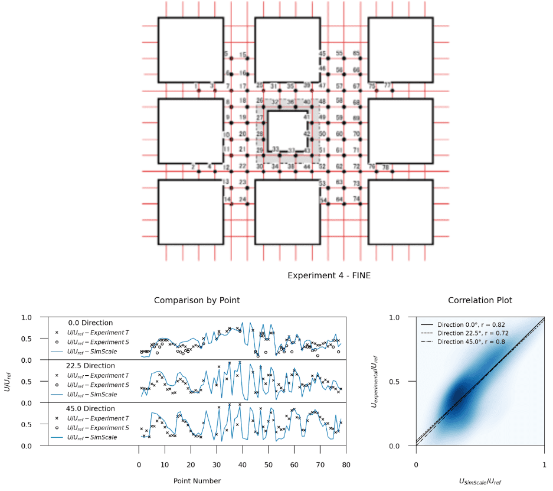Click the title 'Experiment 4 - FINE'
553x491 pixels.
coord(329,276)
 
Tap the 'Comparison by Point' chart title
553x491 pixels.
coord(197,300)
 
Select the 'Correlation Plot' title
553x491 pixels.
coord(480,300)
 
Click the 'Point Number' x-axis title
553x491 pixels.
coord(197,481)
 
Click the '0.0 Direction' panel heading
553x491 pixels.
coord(90,323)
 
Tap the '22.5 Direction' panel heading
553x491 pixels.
coord(92,366)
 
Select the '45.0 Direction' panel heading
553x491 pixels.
coord(92,408)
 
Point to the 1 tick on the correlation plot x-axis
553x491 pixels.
coord(544,465)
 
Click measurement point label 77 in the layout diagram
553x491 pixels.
coord(388,85)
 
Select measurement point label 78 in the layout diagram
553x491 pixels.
coord(385,167)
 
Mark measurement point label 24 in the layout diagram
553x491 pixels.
coord(243,200)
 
